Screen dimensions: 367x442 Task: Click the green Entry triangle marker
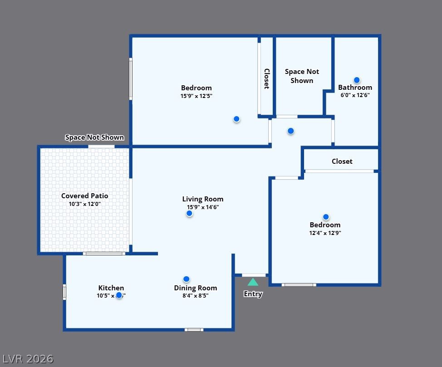coord(253,282)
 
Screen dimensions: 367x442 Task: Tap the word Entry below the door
coord(253,294)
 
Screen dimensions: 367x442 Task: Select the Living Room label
coord(202,199)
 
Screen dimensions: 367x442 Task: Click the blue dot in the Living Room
coord(189,213)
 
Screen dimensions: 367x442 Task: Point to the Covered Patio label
coord(84,196)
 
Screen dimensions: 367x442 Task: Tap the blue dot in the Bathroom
coord(357,80)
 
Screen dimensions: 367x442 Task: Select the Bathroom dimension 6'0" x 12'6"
coord(355,95)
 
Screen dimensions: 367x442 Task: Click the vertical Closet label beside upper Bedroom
coord(267,78)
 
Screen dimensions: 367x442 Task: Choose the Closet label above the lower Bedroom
coord(342,161)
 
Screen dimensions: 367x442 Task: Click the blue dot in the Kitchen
coord(119,295)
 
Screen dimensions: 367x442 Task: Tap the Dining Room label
coord(195,288)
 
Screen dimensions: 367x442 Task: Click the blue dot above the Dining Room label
coord(186,279)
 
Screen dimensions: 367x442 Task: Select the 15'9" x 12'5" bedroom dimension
coord(196,96)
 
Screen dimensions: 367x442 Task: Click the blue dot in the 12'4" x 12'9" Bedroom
coord(326,217)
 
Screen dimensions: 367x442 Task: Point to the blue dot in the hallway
coord(290,131)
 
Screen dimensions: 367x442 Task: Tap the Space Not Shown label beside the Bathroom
coord(302,76)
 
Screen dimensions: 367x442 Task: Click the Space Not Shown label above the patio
coord(94,137)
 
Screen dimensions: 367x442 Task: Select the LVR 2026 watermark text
coord(27,359)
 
